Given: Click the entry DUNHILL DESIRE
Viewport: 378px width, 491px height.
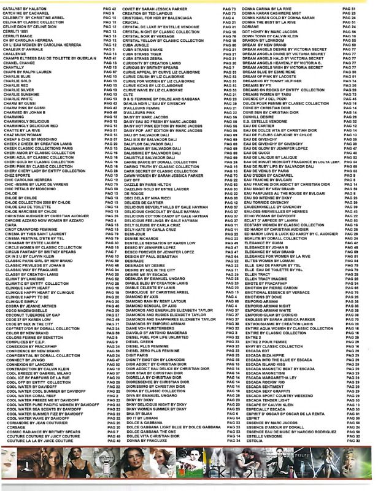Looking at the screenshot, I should tap(261, 117).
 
